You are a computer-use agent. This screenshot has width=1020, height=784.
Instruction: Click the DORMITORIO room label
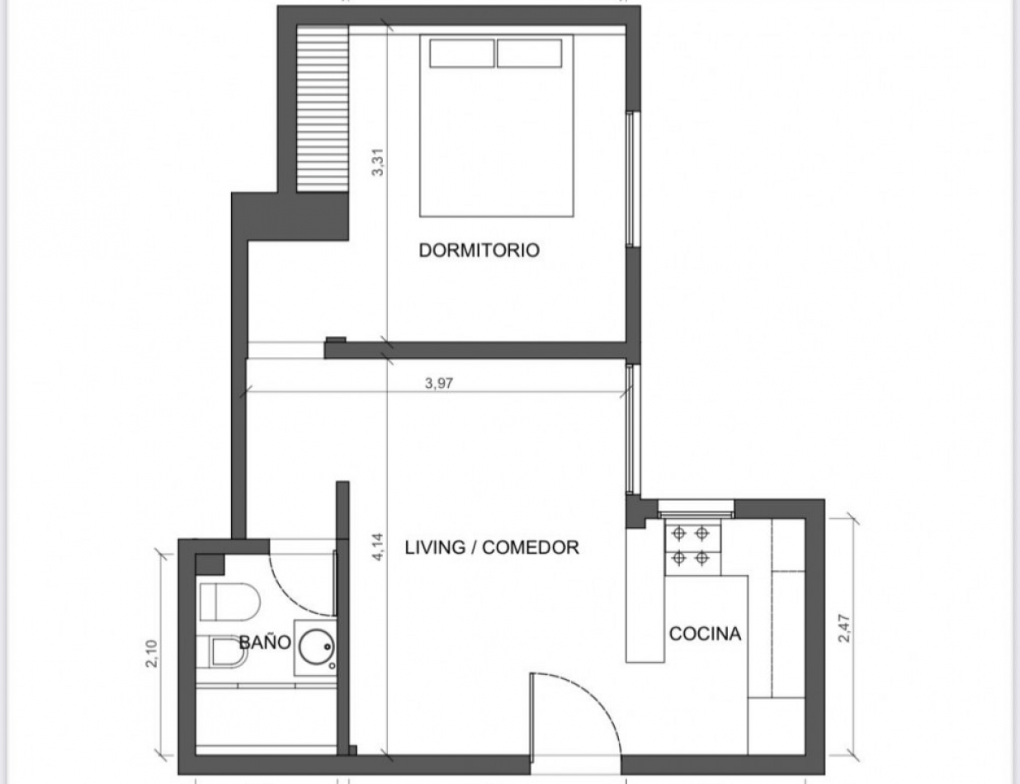tap(479, 250)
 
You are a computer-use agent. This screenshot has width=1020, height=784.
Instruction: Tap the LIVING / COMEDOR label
tap(492, 547)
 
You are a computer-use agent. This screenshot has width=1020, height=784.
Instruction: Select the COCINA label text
tap(705, 634)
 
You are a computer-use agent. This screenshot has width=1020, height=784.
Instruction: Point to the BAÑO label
tap(265, 642)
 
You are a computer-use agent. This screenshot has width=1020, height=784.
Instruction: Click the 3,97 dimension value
tap(440, 382)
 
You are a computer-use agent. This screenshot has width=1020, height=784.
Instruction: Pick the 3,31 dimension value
tap(378, 161)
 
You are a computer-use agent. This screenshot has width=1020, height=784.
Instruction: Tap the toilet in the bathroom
tap(228, 601)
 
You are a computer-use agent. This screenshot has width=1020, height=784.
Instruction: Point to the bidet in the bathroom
tap(218, 652)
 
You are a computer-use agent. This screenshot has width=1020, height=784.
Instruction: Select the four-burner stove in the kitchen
tap(691, 545)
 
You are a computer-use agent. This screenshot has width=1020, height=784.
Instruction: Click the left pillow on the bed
tap(461, 53)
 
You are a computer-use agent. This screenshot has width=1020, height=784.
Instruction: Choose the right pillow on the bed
tap(529, 53)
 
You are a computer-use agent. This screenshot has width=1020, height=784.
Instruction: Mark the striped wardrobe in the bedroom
tap(322, 109)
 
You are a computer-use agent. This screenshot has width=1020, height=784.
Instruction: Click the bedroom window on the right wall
tap(632, 179)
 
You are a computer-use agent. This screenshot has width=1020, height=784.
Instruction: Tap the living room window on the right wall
tap(632, 429)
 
